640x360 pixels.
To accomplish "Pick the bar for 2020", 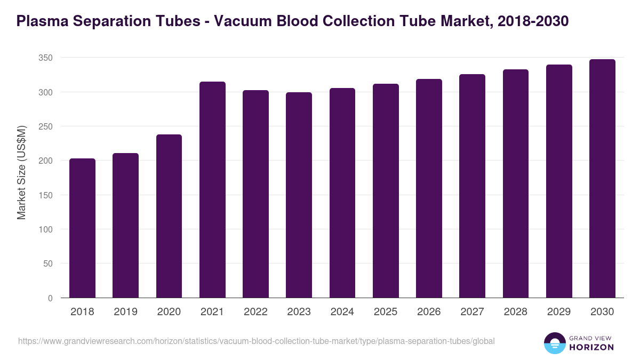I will [x=169, y=216].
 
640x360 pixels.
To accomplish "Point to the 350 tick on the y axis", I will [x=46, y=58].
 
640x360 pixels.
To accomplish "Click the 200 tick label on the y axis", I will [x=46, y=161].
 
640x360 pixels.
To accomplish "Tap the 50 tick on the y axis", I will [x=49, y=263].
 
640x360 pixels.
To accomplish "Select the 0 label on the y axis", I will [x=51, y=298].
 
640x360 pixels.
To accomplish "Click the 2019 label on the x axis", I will [x=125, y=312].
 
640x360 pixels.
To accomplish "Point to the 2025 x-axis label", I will [x=386, y=312].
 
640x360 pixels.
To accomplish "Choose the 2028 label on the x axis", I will [x=515, y=312].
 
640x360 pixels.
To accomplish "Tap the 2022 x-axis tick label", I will [x=255, y=312].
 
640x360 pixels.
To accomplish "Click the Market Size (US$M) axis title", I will [x=21, y=172].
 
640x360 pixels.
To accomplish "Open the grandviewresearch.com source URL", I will [x=257, y=341].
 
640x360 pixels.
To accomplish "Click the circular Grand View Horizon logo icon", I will [x=554, y=343].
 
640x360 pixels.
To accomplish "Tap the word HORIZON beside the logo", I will [x=591, y=347].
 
